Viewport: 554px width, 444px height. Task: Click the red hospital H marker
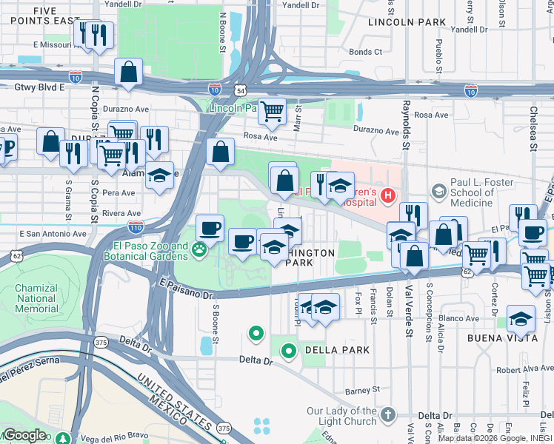pyautogui.click(x=386, y=195)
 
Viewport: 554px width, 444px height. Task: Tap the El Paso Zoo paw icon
pyautogui.click(x=199, y=250)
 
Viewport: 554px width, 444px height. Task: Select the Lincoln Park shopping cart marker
pyautogui.click(x=273, y=112)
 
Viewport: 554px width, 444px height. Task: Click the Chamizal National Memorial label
pyautogui.click(x=30, y=298)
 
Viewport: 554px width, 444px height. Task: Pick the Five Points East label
pyautogui.click(x=45, y=16)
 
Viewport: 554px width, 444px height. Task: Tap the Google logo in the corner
pyautogui.click(x=24, y=434)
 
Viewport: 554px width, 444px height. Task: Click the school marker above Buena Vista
pyautogui.click(x=522, y=320)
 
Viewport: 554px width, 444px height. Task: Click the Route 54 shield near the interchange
pyautogui.click(x=242, y=90)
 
